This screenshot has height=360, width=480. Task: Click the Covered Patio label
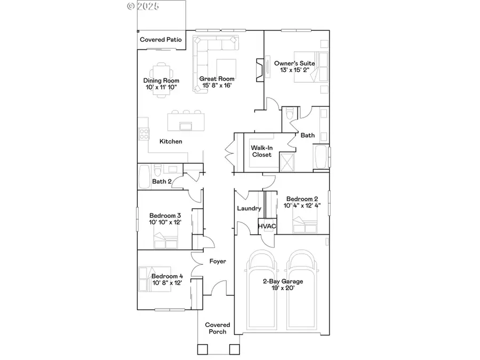coord(161,39)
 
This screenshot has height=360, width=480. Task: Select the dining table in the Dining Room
coord(161,79)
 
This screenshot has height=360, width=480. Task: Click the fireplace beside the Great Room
coord(259,69)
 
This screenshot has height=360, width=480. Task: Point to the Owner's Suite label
coord(294,63)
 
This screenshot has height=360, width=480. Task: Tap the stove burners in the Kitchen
coord(143,134)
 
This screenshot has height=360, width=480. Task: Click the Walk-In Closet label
coord(262,151)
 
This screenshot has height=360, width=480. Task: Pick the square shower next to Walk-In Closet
coord(289,161)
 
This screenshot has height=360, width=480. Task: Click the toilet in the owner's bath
coord(288,114)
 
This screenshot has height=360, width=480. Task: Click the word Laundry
coord(249,209)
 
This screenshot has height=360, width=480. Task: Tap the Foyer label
coord(218,261)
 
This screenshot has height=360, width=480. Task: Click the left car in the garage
coord(264,288)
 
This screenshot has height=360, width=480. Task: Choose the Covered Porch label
coord(218,328)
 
